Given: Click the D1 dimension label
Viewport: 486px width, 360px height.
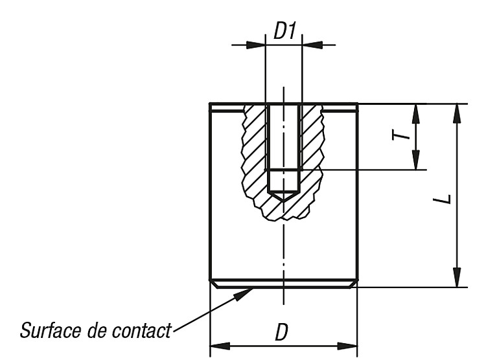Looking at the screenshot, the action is (284, 31).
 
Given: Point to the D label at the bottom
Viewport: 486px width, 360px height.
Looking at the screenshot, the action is (281, 332).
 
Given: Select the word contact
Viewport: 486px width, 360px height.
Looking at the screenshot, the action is (141, 330).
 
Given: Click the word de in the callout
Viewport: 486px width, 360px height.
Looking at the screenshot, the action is (98, 330).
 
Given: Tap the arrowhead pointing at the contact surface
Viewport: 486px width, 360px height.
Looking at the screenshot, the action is (243, 294).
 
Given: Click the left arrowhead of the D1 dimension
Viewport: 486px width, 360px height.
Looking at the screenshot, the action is (256, 45).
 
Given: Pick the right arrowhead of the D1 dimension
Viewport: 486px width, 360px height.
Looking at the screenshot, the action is (312, 45).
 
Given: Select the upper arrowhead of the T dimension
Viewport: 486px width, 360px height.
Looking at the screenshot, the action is (416, 114).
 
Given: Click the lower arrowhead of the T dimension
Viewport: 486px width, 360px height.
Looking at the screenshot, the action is (416, 160).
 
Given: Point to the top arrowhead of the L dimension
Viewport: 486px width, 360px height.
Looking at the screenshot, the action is (457, 114).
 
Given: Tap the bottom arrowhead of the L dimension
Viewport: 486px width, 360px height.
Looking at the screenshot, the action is (457, 277).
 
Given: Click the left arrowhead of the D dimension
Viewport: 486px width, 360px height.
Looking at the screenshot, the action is (220, 346).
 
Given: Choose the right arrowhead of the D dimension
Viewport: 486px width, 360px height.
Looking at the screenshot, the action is (347, 346).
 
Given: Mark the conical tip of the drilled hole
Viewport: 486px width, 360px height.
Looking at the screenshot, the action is (284, 201).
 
